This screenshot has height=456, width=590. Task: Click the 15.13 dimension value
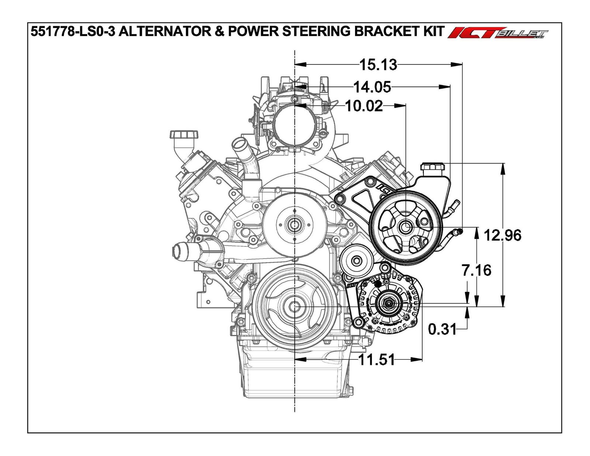pos(378,65)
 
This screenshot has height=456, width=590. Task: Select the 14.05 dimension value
pos(372,87)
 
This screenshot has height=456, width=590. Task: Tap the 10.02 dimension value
pos(364,106)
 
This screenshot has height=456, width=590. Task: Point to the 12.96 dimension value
pos(502,235)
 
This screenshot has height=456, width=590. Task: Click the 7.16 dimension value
pos(476,270)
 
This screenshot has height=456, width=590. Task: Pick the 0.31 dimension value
pos(442,329)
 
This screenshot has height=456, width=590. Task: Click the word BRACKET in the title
pos(385,32)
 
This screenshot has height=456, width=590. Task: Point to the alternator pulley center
pos(388,304)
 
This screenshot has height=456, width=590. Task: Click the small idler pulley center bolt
pos(356,260)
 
